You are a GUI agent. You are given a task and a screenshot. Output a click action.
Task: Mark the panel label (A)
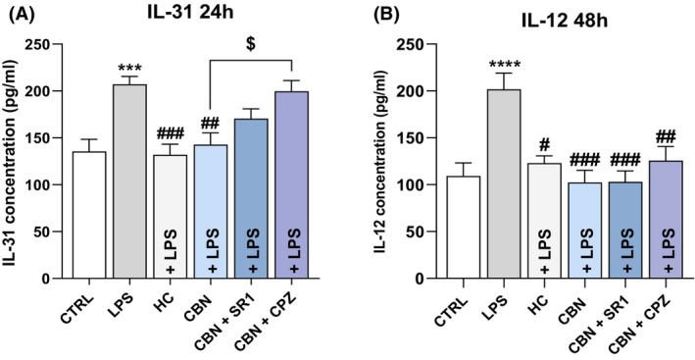pyautogui.click(x=17, y=14)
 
